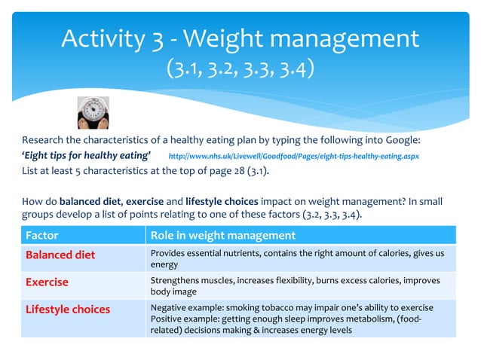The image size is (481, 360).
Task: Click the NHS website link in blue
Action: point(293,156)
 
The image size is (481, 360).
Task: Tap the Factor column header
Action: point(42,236)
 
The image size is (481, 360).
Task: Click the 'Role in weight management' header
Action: point(223,236)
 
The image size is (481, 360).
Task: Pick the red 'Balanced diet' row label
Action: point(60,255)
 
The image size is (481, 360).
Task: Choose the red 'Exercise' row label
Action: point(47,282)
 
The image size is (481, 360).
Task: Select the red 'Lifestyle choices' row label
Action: point(68,310)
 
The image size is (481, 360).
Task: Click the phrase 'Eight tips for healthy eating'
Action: point(86,156)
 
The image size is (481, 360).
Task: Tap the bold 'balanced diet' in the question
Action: point(90,201)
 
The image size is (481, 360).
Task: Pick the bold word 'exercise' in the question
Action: point(149,201)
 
